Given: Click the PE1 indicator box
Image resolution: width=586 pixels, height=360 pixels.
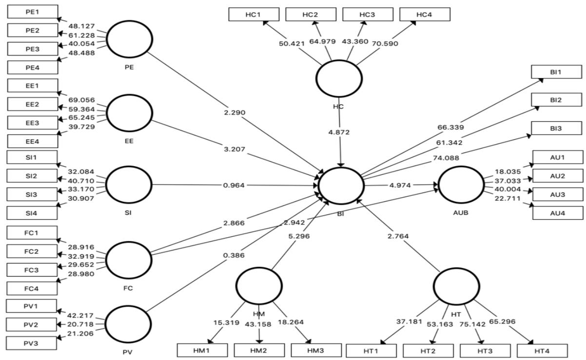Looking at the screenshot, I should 33,12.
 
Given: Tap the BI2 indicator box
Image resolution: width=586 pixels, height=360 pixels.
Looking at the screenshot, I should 557,100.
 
